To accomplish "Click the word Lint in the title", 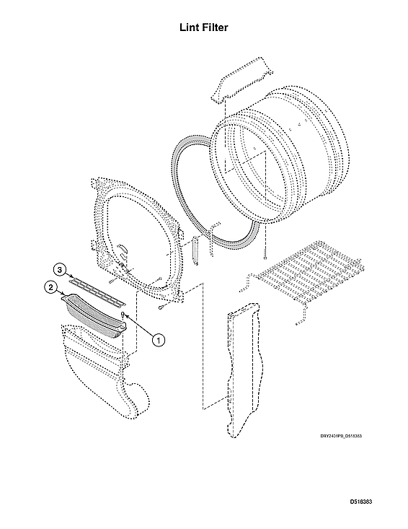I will point(189,27).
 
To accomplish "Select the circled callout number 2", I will point(50,287).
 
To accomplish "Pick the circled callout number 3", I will point(61,270).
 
